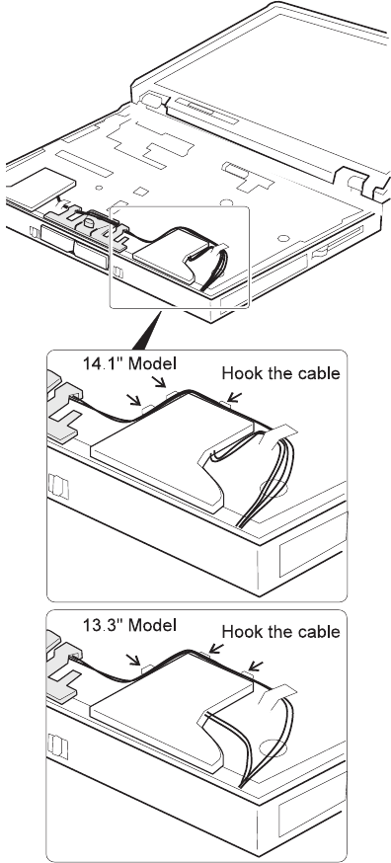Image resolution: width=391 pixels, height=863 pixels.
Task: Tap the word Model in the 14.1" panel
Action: point(152,363)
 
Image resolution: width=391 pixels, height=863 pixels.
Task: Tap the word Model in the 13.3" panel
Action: point(152,625)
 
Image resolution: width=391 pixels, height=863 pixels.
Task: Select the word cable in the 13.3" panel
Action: point(320,631)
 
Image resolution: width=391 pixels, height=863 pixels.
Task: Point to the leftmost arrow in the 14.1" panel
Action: point(134,399)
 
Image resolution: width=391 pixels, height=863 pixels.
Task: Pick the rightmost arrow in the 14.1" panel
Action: point(235,396)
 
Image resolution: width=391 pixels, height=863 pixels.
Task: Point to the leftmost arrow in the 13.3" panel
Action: point(134,659)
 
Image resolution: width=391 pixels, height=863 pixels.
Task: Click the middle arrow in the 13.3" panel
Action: point(216,648)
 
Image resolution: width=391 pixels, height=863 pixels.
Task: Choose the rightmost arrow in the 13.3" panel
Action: point(255,666)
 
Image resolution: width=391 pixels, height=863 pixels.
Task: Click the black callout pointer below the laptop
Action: point(147,330)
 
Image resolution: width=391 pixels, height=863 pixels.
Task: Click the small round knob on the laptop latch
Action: point(88,223)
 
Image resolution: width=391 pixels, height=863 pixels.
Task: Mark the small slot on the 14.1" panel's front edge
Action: point(58,486)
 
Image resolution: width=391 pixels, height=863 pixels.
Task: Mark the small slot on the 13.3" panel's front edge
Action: point(58,745)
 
